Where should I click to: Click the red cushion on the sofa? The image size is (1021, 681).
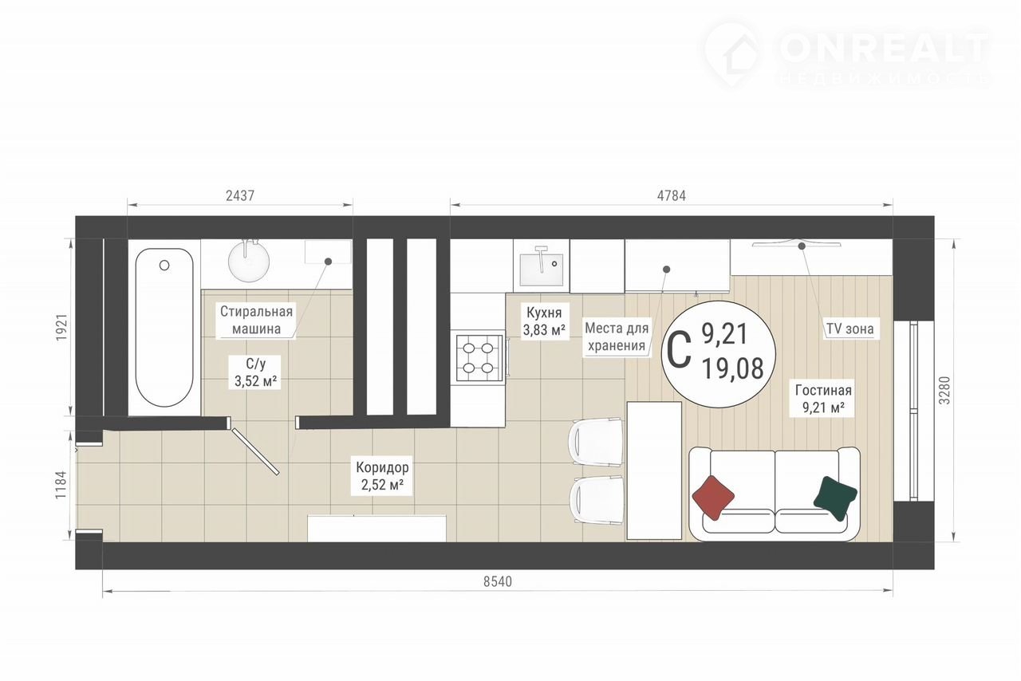[713, 498]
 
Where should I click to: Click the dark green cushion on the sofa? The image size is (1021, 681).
[835, 498]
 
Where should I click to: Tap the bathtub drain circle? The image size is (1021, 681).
[164, 265]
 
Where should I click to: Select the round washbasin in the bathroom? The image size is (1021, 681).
[248, 262]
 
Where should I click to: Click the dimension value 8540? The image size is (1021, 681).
[498, 581]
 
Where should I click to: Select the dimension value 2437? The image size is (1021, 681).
[240, 195]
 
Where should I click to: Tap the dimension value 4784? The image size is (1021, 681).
[671, 195]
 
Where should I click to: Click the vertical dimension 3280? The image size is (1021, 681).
[945, 390]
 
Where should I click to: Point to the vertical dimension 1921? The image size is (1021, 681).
[61, 327]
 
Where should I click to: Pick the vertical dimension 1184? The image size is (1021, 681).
[61, 485]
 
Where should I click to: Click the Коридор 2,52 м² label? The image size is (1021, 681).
[382, 476]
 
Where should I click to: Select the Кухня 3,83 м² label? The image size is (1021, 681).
[544, 321]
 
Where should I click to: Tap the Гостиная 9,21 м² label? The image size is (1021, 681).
[823, 399]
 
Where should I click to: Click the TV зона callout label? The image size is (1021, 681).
[850, 329]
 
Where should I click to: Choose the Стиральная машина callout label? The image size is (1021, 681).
[256, 320]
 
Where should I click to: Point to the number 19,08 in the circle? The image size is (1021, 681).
[733, 369]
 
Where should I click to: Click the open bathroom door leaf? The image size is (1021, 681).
[255, 451]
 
